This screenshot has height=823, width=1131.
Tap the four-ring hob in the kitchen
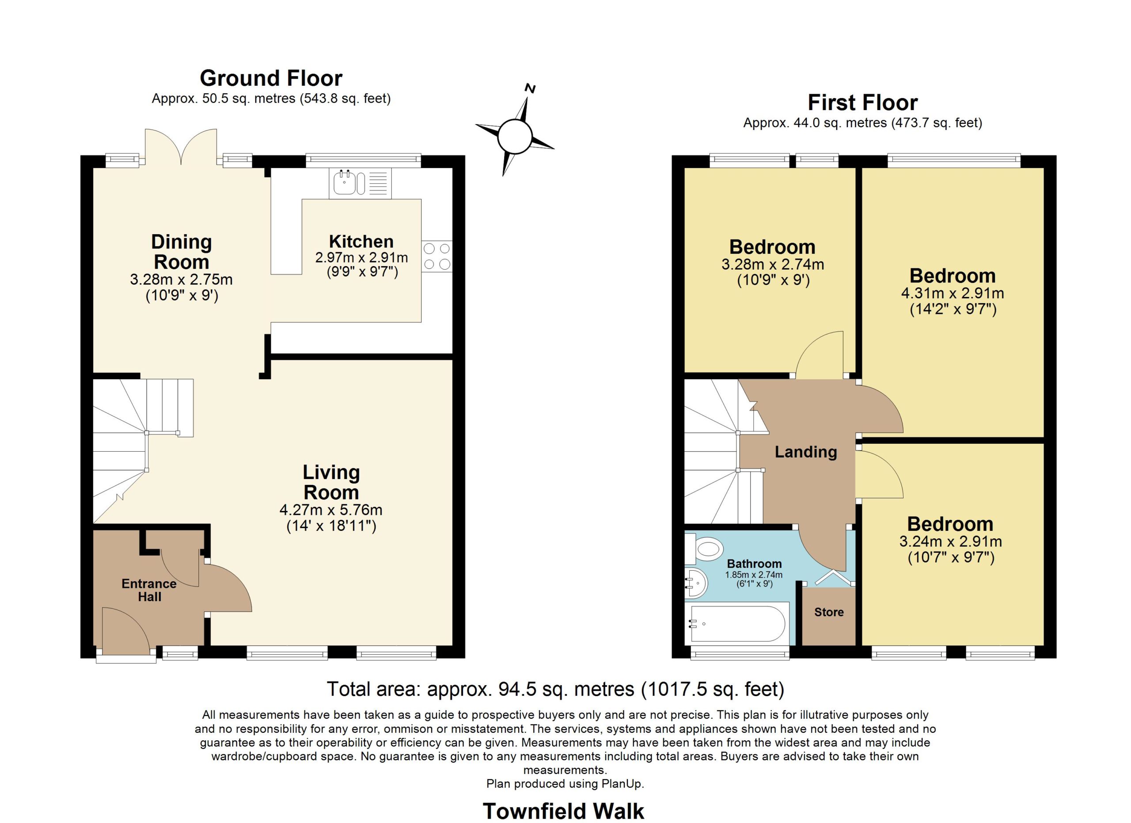[437, 256]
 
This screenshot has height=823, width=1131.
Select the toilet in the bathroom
[704, 549]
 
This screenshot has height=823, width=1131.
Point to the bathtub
[737, 624]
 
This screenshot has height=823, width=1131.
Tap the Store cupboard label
[829, 612]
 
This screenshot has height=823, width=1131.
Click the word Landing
[805, 452]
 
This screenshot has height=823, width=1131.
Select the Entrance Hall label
[149, 590]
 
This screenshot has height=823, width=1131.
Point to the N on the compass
[531, 89]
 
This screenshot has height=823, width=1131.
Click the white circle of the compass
[515, 136]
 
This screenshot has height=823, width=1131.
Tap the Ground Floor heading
[271, 78]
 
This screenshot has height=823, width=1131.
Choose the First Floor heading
[863, 103]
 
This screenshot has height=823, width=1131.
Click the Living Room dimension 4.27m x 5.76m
[331, 510]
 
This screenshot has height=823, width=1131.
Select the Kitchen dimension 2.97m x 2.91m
[361, 257]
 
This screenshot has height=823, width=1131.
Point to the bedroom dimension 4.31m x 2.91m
[953, 293]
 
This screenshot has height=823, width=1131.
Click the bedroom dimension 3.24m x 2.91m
[950, 541]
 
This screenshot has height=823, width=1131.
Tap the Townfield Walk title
[563, 811]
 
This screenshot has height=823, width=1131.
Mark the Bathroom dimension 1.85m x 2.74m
[754, 575]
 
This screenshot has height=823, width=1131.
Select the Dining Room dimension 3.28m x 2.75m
[181, 279]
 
